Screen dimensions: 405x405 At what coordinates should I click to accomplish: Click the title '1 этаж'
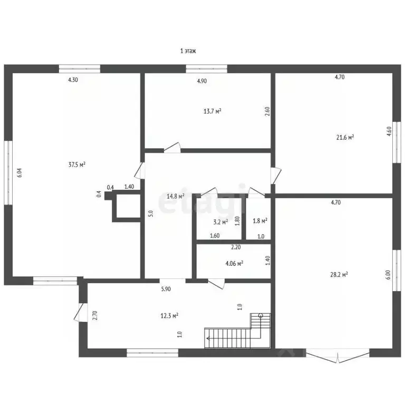coord(188,51)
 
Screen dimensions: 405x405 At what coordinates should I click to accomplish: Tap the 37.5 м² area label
coord(77,165)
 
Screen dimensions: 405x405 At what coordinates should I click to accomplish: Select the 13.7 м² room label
coord(213,111)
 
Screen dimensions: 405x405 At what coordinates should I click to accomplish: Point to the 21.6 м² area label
coord(345,138)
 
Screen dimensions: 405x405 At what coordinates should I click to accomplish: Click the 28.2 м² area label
coord(339,275)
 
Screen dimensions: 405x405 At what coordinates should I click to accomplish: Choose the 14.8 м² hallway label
coord(176,196)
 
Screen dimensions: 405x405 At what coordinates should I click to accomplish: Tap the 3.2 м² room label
coord(220,222)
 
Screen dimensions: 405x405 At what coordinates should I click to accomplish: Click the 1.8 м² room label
coord(260,221)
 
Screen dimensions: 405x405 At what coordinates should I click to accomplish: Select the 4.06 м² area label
coord(234,264)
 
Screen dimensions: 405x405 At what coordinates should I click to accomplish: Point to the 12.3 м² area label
coord(169,316)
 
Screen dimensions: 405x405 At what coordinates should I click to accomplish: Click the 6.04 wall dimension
coord(20,172)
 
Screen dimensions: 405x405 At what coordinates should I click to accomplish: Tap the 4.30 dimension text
coord(73,80)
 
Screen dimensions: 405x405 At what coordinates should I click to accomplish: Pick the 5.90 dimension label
coord(166,289)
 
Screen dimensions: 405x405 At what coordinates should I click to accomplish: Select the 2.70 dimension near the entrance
coord(95,315)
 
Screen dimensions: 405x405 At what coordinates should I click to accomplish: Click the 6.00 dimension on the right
coord(388,275)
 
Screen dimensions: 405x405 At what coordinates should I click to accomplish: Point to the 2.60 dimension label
coord(267,111)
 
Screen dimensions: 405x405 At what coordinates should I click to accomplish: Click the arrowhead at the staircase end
coord(207,338)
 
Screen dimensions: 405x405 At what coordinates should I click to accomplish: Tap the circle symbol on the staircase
coord(261,315)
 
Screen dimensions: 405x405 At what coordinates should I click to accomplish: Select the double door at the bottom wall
coord(338,355)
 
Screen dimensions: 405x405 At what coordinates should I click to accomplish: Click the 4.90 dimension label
coord(202,81)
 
